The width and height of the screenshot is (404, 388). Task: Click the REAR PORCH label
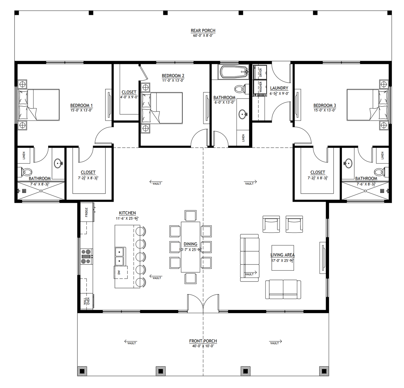203,31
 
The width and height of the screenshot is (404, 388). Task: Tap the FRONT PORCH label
203,341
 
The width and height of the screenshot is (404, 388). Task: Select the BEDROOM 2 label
173,76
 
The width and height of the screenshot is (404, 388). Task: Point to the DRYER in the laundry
260,72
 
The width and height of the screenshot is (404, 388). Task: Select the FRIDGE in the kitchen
87,212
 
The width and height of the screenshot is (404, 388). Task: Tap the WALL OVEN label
87,301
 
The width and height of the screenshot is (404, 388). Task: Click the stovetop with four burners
87,256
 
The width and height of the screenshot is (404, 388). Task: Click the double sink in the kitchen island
120,256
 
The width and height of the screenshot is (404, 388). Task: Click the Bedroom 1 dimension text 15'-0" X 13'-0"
81,110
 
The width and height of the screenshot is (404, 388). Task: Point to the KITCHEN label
127,213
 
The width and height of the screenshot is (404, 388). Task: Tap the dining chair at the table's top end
190,216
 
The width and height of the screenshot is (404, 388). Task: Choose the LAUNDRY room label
279,88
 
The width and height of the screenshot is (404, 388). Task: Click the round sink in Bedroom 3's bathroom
348,163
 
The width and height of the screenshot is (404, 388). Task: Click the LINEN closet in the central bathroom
243,138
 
